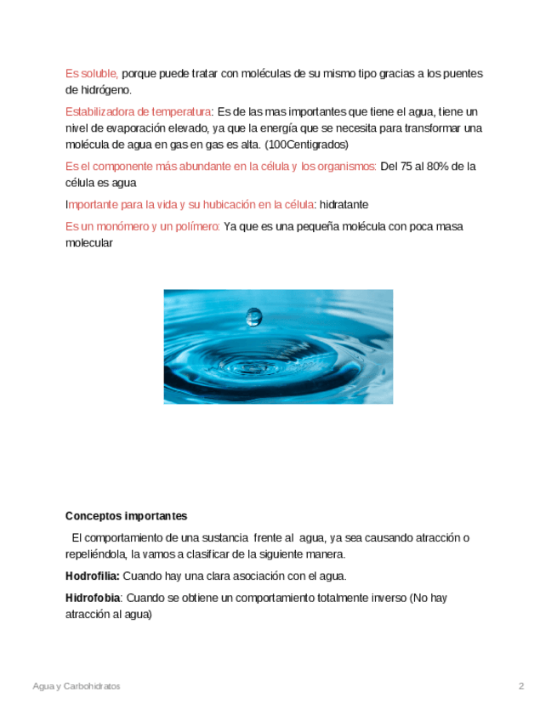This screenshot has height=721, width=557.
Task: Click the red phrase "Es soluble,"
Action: (92, 74)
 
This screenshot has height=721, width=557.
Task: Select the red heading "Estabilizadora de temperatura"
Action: (138, 112)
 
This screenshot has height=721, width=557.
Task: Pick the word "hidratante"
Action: (344, 205)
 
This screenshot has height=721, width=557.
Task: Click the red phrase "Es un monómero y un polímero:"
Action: (143, 226)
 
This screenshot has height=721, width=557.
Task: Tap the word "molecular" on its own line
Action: (88, 242)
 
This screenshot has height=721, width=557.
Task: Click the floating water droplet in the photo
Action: (253, 316)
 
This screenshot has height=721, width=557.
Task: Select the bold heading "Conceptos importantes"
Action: (126, 516)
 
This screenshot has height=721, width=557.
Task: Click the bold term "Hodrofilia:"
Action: (93, 576)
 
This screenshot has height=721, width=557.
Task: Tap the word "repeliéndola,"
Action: (96, 554)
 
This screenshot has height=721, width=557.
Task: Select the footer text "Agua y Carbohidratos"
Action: (77, 686)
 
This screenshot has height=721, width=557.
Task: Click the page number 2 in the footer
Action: (521, 686)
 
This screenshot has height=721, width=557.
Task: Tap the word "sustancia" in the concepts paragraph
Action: (224, 538)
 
